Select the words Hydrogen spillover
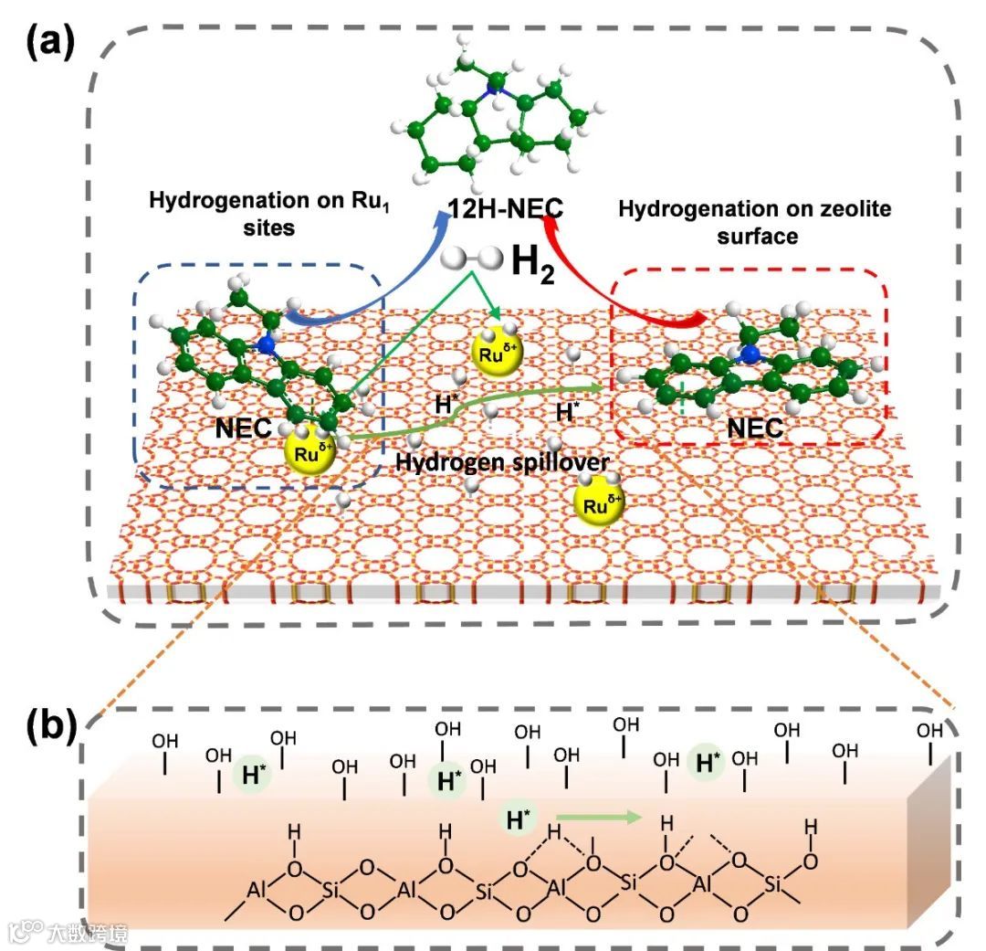pyautogui.click(x=503, y=463)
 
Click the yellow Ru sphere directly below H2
pyautogui.click(x=497, y=352)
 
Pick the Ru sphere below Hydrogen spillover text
pyautogui.click(x=601, y=503)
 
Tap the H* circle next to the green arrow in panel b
pyautogui.click(x=519, y=819)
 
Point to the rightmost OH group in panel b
pyautogui.click(x=928, y=740)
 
